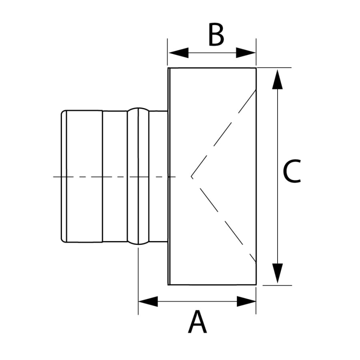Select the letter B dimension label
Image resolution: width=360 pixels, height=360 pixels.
216,35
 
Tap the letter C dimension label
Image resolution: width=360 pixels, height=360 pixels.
292,172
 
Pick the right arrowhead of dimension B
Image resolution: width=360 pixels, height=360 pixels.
246,53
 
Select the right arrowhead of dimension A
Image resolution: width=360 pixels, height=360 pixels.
246,301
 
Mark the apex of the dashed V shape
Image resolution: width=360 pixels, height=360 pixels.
192,176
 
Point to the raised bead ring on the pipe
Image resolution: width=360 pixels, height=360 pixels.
138,176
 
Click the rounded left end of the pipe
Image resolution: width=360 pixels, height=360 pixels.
63,176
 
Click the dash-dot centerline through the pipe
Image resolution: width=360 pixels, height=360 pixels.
112,176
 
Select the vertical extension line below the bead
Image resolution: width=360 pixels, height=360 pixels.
138,280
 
